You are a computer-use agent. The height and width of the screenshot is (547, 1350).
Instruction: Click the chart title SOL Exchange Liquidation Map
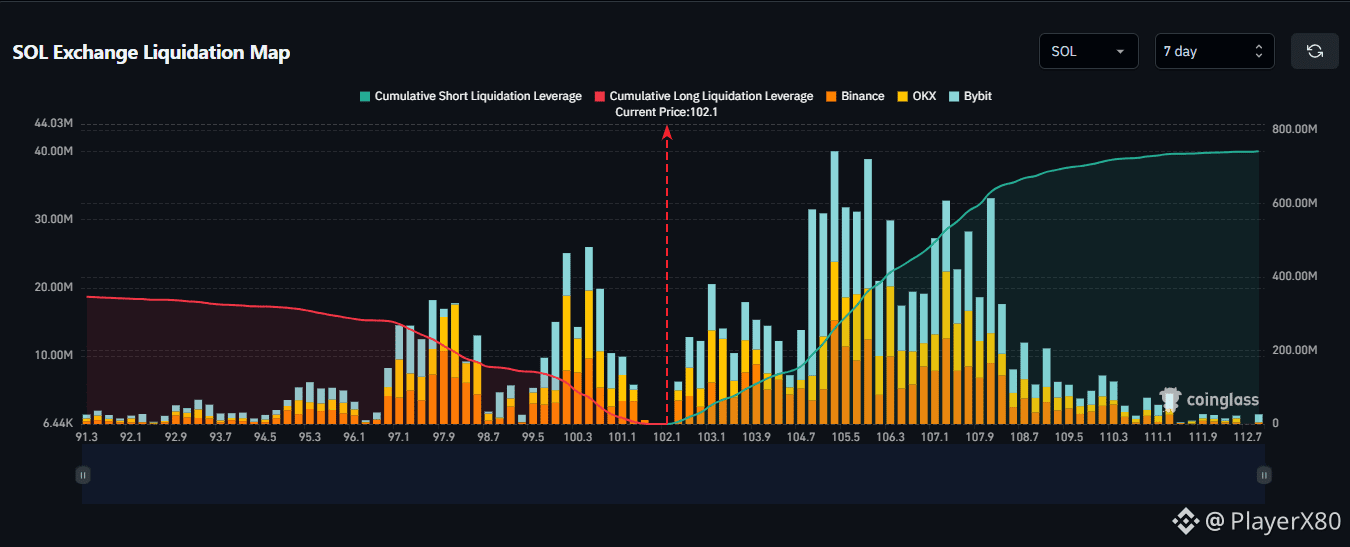pyautogui.click(x=151, y=52)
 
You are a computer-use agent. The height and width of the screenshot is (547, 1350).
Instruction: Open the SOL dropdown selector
pyautogui.click(x=1088, y=51)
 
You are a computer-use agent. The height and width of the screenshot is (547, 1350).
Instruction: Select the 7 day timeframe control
pyautogui.click(x=1214, y=51)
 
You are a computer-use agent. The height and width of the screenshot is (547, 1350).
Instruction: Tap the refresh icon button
pyautogui.click(x=1314, y=51)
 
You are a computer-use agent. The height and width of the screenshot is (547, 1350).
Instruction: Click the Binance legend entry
pyautogui.click(x=855, y=96)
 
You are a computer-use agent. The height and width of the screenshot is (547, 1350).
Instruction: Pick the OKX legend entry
pyautogui.click(x=917, y=96)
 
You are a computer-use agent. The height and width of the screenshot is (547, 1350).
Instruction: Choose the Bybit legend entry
pyautogui.click(x=970, y=96)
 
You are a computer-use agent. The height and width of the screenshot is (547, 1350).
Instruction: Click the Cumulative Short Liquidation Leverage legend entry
pyautogui.click(x=471, y=96)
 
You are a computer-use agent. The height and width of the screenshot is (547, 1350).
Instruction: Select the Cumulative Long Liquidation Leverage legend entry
pyautogui.click(x=704, y=96)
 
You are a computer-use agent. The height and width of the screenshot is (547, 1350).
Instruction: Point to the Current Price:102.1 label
pyautogui.click(x=666, y=112)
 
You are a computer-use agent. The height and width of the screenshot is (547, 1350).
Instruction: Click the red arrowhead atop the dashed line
pyautogui.click(x=667, y=132)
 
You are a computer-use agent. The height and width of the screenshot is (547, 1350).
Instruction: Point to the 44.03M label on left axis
pyautogui.click(x=54, y=123)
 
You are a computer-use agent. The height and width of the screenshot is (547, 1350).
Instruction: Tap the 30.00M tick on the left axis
pyautogui.click(x=54, y=219)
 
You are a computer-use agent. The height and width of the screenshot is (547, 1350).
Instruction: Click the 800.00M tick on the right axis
pyautogui.click(x=1295, y=129)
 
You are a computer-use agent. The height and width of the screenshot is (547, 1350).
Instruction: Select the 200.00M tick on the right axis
pyautogui.click(x=1295, y=350)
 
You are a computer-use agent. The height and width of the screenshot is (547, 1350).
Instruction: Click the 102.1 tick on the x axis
pyautogui.click(x=667, y=437)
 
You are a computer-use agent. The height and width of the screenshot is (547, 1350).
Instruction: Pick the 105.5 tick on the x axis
pyautogui.click(x=846, y=437)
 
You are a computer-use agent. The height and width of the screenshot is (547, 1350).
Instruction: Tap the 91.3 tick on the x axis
pyautogui.click(x=87, y=437)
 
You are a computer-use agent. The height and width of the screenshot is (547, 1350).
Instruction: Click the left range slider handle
pyautogui.click(x=83, y=475)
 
